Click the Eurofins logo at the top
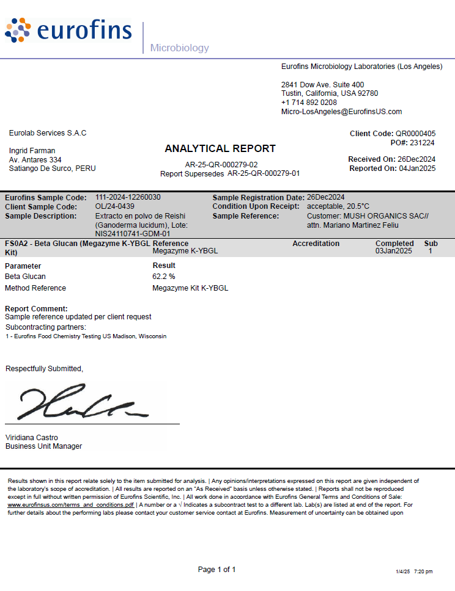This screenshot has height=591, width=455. pos(68,31)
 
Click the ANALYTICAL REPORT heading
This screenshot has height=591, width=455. pos(220,148)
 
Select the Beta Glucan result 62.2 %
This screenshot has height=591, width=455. pos(164,277)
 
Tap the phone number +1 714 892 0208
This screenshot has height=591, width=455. pos(309,103)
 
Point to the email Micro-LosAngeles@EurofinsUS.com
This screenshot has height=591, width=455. pos(341,112)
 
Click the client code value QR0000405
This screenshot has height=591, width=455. pos(415,133)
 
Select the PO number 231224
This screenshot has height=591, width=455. pos(422,142)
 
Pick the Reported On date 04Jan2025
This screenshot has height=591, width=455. pos(417,169)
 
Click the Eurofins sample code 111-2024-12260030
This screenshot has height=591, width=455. pos(128,198)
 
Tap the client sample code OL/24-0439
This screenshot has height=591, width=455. pos(115,207)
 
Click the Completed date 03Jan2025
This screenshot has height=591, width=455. pos(394,251)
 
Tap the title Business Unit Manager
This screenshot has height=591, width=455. pos(43,446)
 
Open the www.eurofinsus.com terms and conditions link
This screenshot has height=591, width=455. pos(70,505)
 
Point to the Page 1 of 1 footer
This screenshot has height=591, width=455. pos(216,570)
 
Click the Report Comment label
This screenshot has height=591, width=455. pos(36,309)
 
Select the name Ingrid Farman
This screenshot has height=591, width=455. pos(32,150)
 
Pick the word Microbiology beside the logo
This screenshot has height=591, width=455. pos(179,48)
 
